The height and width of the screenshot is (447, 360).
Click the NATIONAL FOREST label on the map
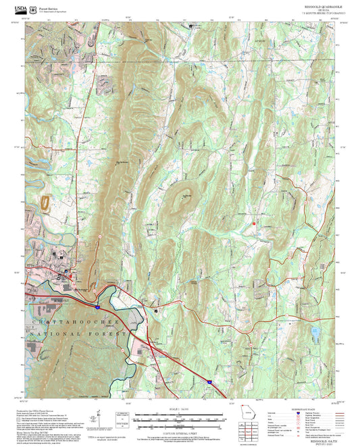74,334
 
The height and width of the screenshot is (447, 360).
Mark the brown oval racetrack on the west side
46,203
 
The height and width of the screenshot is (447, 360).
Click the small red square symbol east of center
254,222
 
